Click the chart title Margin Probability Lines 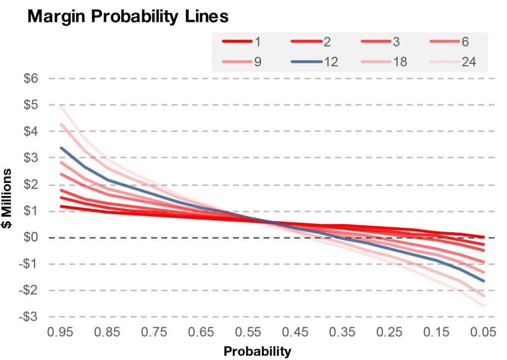(x=128, y=16)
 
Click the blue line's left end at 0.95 (x=60, y=148)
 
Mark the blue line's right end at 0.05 (x=483, y=281)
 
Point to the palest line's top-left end (x=60, y=106)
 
